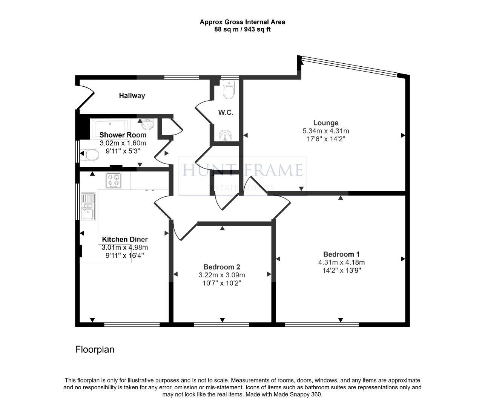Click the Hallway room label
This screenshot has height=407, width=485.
132,96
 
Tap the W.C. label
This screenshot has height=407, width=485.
226,113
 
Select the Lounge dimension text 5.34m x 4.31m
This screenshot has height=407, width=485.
325,131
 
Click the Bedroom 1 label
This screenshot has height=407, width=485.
341,254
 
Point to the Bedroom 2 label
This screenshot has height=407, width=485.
222,267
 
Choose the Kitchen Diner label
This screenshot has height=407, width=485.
125,239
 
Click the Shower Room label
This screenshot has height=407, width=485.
123,135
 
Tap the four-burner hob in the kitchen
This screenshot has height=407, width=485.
114,181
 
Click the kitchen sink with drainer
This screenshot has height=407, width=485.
88,207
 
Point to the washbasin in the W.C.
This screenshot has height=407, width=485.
225,136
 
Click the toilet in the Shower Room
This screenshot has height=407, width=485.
90,155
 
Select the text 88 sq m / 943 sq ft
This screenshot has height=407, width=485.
242,29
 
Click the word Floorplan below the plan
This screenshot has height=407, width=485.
95,349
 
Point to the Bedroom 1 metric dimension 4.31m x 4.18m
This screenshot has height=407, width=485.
341,262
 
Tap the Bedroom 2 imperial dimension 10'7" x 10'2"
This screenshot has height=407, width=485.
222,283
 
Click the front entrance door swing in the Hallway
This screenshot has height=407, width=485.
86,97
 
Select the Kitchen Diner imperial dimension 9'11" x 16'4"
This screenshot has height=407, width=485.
125,256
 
